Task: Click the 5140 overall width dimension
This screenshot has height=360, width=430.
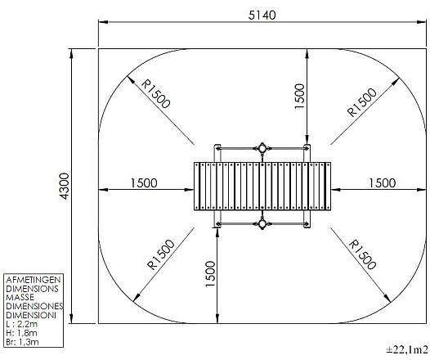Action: click(262, 15)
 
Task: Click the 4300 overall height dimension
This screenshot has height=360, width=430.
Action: click(65, 186)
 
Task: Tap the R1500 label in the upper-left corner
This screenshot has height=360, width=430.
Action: click(156, 94)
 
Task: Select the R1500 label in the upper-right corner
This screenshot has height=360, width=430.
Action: click(361, 102)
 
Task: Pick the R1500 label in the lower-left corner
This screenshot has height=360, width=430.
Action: click(161, 254)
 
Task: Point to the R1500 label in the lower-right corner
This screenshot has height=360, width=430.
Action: click(362, 254)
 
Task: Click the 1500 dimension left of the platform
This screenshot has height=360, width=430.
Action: click(144, 183)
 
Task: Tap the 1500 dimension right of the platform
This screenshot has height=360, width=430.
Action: click(383, 183)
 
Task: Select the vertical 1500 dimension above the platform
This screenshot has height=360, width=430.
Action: click(299, 96)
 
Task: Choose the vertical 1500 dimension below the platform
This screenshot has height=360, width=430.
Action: click(210, 274)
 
